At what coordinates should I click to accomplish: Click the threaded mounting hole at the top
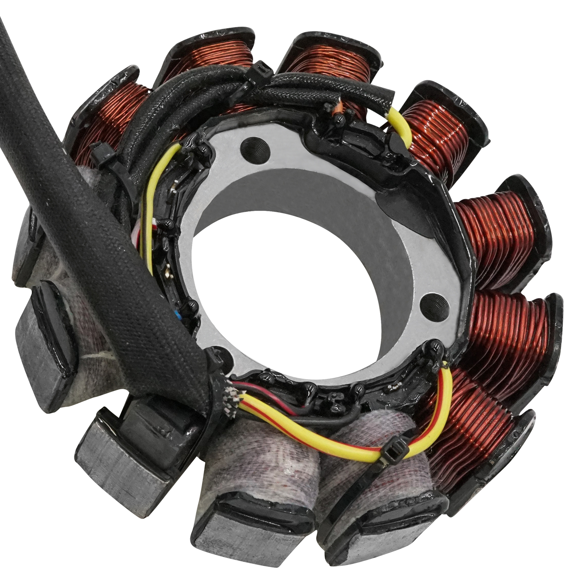255,146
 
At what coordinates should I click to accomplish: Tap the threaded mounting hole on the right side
433,302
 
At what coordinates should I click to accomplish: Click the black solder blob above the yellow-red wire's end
435,348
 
